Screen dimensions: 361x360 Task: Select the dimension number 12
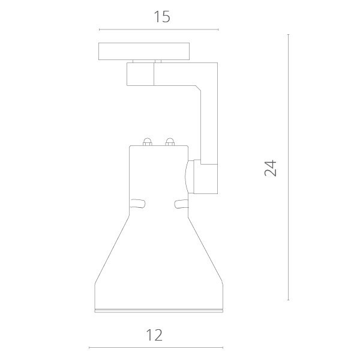[155, 334]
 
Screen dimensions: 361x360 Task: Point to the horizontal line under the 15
[159, 29]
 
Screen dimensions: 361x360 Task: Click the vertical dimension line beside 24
[289, 168]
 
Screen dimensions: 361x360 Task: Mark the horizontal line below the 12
[156, 348]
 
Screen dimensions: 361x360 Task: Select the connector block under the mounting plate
[140, 74]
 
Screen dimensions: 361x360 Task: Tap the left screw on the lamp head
[146, 142]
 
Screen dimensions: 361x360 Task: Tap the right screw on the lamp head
[170, 142]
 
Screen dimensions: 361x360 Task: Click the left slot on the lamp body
[137, 203]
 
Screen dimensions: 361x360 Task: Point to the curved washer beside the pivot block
[189, 176]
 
